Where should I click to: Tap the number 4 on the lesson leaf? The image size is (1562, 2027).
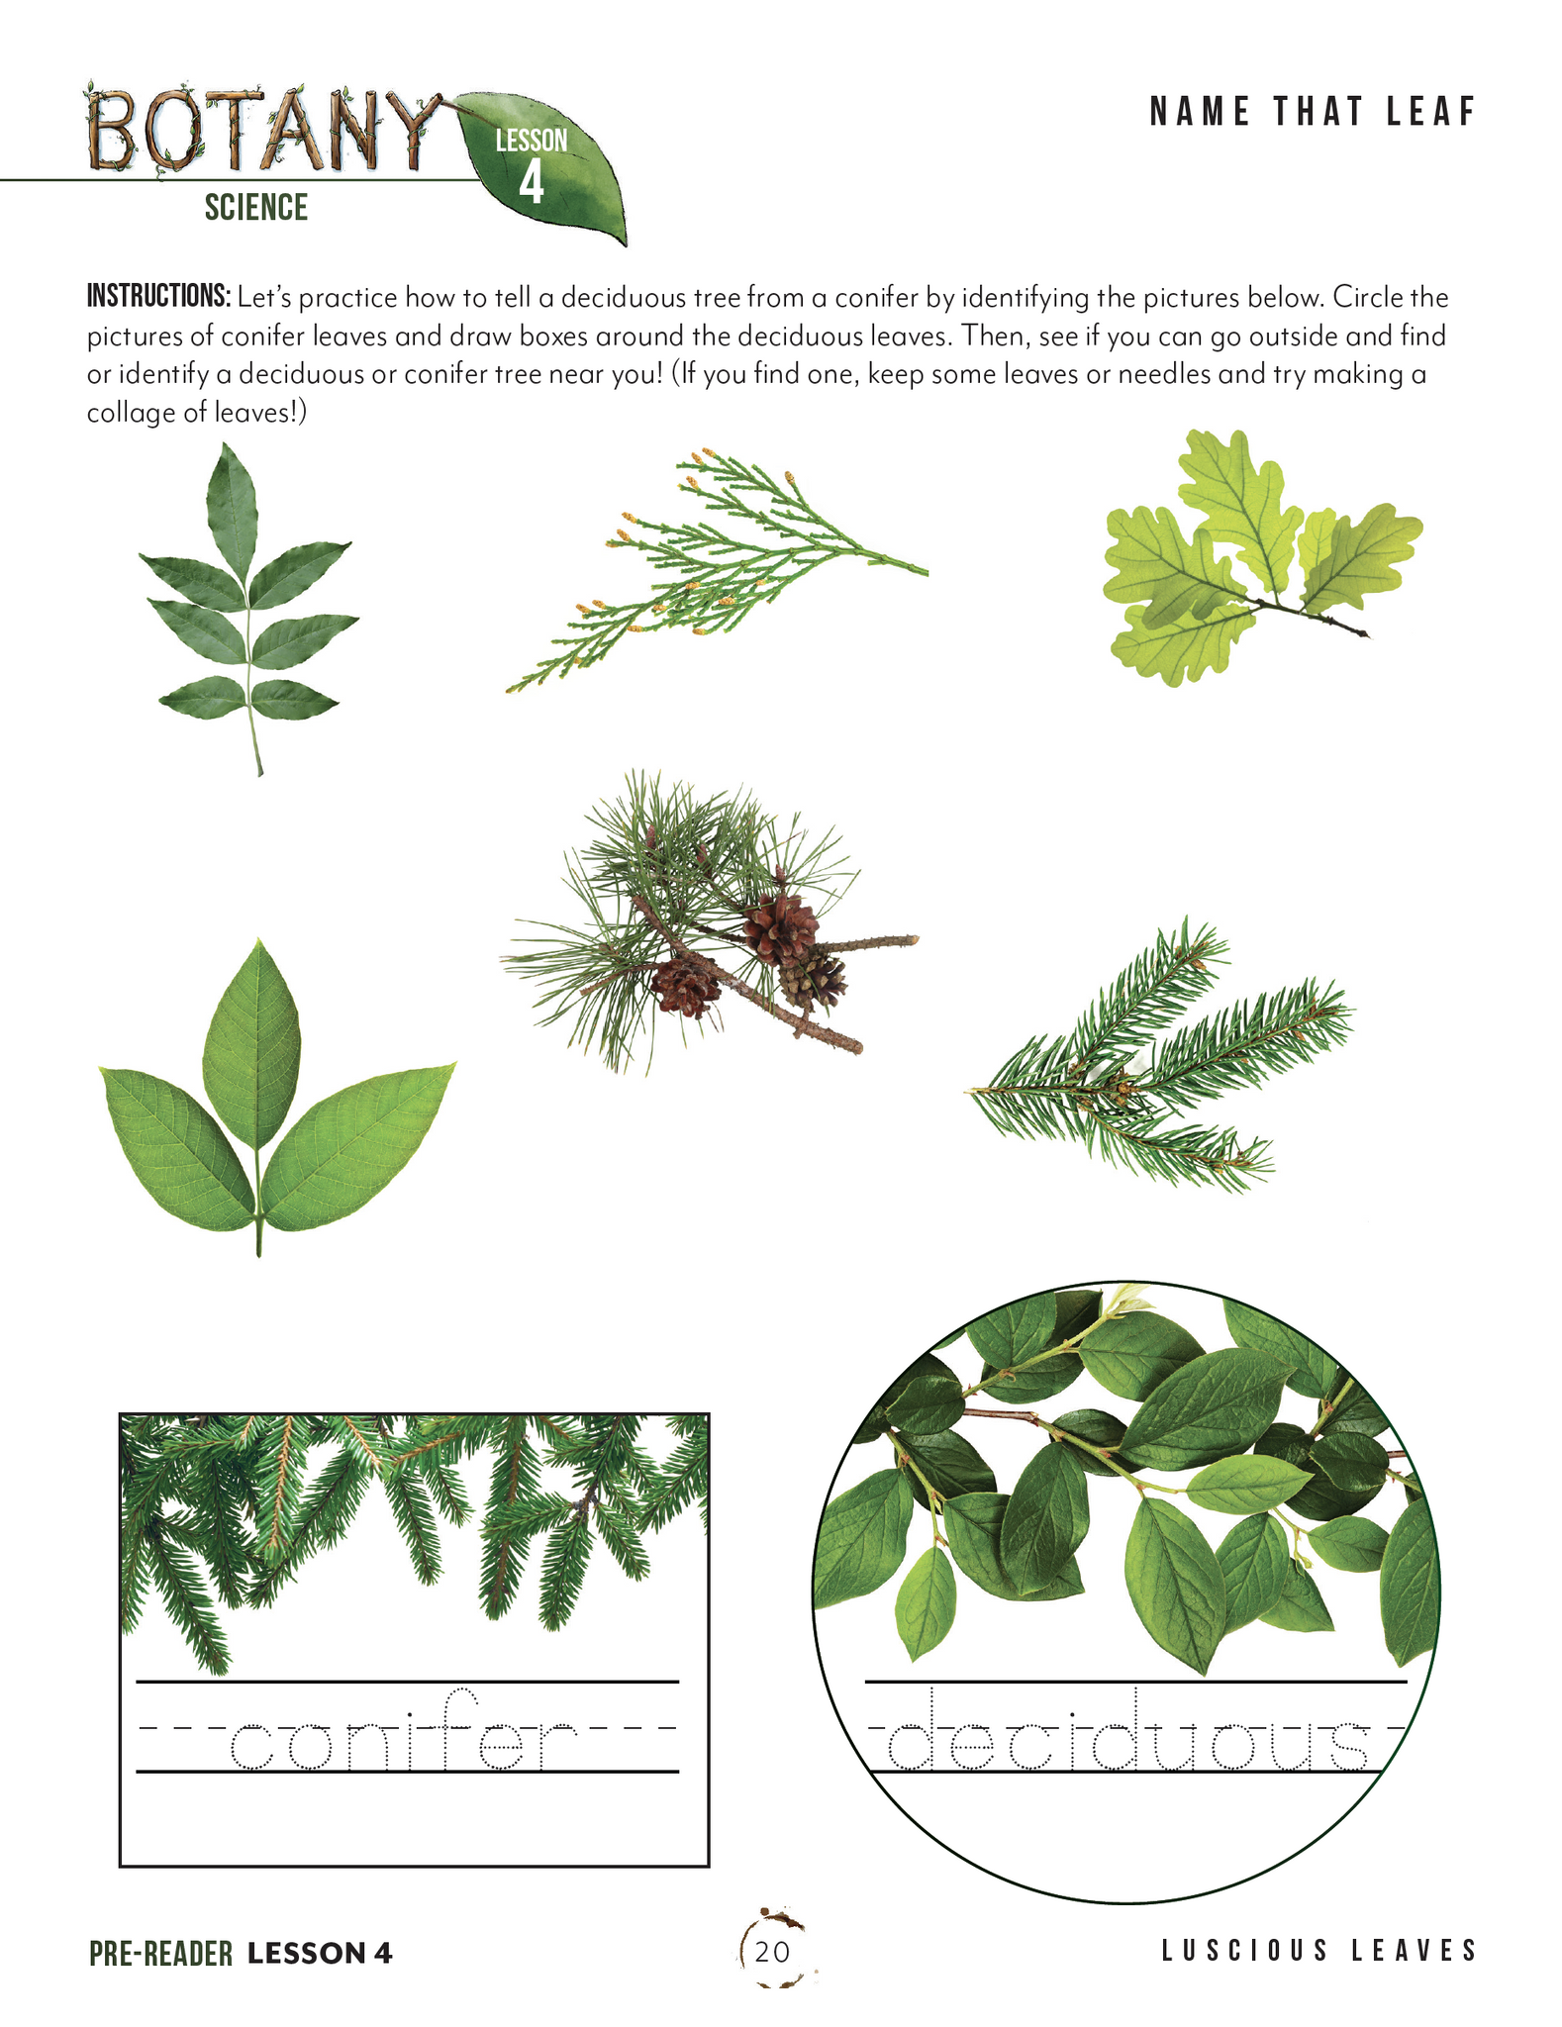click(x=532, y=183)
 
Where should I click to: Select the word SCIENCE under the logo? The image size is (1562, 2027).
click(x=256, y=208)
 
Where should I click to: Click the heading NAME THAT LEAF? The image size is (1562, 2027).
click(x=1313, y=113)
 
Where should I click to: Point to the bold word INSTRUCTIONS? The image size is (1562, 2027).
click(x=158, y=296)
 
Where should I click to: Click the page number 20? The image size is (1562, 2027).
click(x=772, y=1951)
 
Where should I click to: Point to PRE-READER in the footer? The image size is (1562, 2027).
click(x=160, y=1953)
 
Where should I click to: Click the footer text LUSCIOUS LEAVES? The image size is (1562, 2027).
click(x=1318, y=1950)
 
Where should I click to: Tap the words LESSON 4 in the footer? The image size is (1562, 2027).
click(x=320, y=1953)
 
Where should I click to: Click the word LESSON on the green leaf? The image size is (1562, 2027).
click(x=532, y=141)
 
